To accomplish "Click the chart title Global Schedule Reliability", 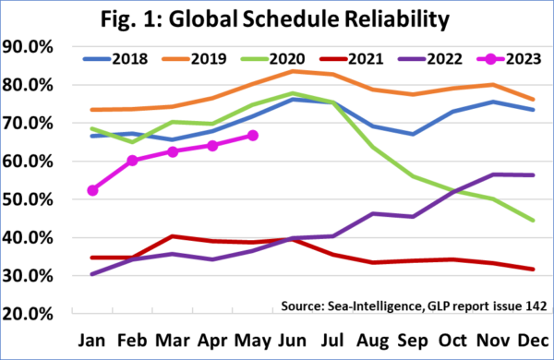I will pos(276,19).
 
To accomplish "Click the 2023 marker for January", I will pos(92,190).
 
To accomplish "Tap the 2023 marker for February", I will pos(132,161).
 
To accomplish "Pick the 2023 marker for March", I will pos(173,151).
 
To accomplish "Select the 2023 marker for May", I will pos(253,136).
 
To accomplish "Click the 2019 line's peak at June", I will pos(294,71).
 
